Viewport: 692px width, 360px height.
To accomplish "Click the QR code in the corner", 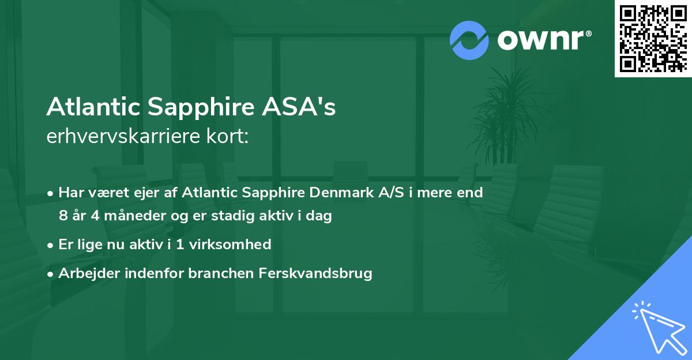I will tap(653, 39).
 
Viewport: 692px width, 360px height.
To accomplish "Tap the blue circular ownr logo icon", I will tap(469, 40).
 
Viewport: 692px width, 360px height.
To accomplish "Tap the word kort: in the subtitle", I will tap(229, 136).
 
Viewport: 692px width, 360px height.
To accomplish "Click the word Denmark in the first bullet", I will tap(330, 193).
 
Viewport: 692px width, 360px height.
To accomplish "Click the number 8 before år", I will tap(63, 216).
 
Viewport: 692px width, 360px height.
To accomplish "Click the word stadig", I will tap(230, 216).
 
